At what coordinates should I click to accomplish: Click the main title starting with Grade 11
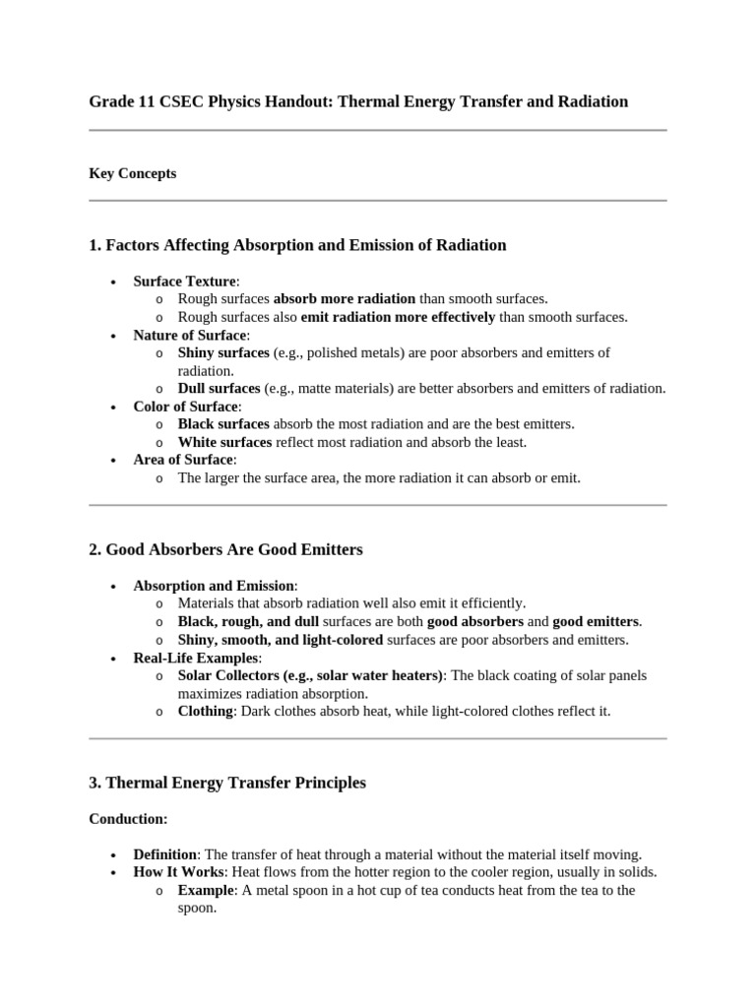(x=358, y=102)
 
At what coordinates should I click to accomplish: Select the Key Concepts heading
(x=133, y=173)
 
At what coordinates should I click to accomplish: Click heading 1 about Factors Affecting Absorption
(x=297, y=245)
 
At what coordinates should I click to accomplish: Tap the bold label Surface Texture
(x=184, y=282)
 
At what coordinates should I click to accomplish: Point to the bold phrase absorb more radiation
(x=345, y=299)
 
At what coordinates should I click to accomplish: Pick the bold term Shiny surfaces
(x=222, y=352)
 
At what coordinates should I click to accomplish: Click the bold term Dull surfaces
(x=219, y=389)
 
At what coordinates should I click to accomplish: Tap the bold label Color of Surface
(x=185, y=407)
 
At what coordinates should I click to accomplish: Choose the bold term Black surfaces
(x=223, y=424)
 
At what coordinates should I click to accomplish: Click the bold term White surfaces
(x=224, y=442)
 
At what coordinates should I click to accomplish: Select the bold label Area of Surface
(x=183, y=460)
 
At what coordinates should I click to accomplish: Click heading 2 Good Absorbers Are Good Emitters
(x=225, y=549)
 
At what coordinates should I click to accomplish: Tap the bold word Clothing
(x=205, y=711)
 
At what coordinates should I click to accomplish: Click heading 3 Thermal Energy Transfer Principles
(x=226, y=783)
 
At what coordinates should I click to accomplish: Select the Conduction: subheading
(x=128, y=819)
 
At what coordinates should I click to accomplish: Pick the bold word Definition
(x=165, y=854)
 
